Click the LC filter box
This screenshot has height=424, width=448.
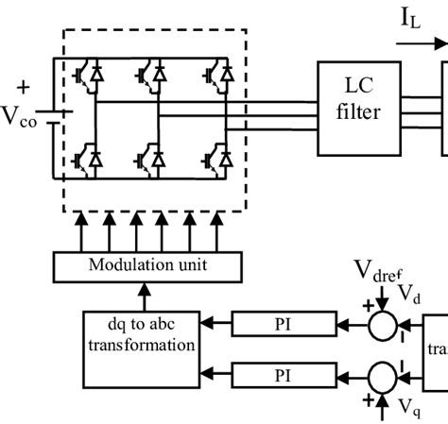point(358,109)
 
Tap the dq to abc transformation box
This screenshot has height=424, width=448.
point(142,336)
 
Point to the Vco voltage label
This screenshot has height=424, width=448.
point(21,117)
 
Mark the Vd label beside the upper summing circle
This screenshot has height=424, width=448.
point(409,295)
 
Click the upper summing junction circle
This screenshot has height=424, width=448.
point(383,326)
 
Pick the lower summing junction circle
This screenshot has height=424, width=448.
point(383,375)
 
